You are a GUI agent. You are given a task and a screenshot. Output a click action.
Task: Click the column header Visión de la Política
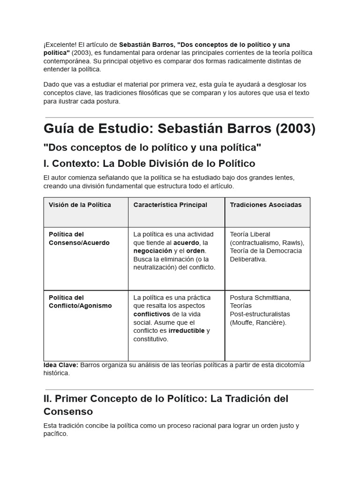[x=80, y=205]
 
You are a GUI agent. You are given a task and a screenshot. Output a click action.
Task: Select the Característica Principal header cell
[x=170, y=205]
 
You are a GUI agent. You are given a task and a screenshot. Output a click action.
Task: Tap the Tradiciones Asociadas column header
[x=266, y=205]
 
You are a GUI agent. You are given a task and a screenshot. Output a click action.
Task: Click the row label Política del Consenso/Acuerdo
[x=79, y=239]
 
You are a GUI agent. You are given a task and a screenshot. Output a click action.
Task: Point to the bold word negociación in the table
[x=153, y=251]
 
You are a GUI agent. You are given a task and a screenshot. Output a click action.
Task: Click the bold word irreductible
[x=187, y=330]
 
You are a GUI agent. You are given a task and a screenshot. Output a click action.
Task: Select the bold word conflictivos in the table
[x=152, y=314]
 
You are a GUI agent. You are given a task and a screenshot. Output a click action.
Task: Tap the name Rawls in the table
[x=293, y=242]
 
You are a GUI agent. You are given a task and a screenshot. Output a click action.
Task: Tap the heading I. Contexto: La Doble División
[x=149, y=164]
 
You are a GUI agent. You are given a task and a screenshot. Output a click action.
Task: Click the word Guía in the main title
[x=60, y=128]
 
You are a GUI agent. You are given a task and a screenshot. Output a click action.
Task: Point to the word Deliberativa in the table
[x=248, y=259]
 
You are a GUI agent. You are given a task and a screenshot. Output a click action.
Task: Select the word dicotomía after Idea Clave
[x=288, y=365]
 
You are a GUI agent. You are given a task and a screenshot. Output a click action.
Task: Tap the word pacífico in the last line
[x=55, y=434]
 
